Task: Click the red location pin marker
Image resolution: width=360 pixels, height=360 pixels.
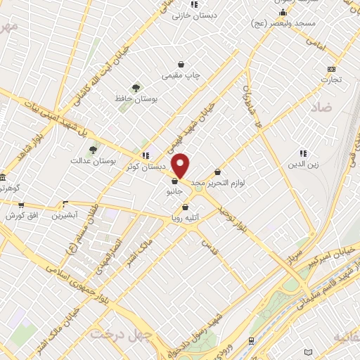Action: [x=181, y=165]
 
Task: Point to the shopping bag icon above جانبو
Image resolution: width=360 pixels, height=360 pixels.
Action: [x=174, y=181]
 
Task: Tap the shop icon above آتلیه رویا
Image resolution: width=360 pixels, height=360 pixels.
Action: [x=185, y=207]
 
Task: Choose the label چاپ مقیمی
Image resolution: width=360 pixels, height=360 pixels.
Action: [x=182, y=74]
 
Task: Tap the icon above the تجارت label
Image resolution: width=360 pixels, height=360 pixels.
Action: [x=332, y=69]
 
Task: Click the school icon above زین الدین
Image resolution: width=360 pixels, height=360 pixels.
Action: [x=303, y=153]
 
